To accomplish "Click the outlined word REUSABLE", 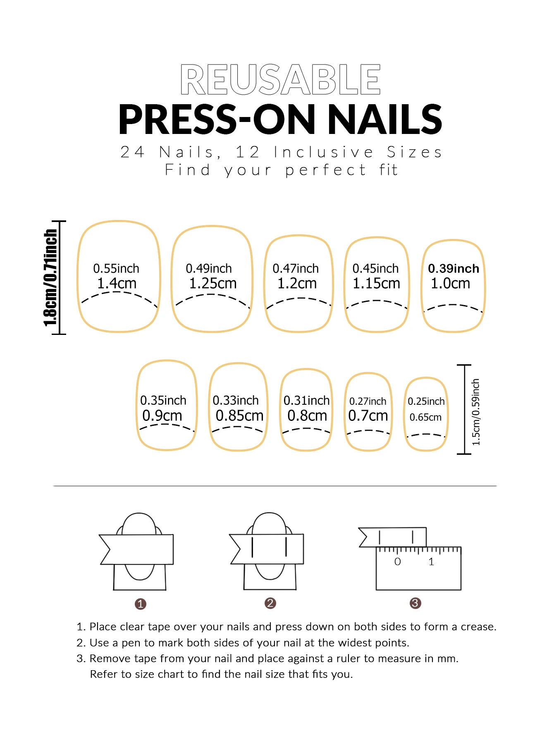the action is coord(280,79).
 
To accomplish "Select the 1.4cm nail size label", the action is coord(117,284).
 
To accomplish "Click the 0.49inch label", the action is coord(209,269).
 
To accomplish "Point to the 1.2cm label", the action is coord(297,284).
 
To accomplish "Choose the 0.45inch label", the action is coord(375,269).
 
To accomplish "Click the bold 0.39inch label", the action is coord(454,269).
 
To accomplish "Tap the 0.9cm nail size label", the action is coord(162,416).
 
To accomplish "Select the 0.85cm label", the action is coord(239,416).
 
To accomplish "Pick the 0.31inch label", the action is coord(306,401).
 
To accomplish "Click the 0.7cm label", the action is coord(368,416).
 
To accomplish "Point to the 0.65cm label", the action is coord(425,417).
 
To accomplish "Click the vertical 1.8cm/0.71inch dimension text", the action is coord(50,278).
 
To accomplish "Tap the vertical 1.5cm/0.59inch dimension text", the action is coord(476,412).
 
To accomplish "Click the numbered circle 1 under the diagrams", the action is coord(141,604).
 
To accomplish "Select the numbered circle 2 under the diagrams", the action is coord(270,603).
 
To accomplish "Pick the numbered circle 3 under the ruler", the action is coord(415,603).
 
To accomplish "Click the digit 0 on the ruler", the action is coord(398,562).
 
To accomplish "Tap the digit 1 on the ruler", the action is coord(431,562).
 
